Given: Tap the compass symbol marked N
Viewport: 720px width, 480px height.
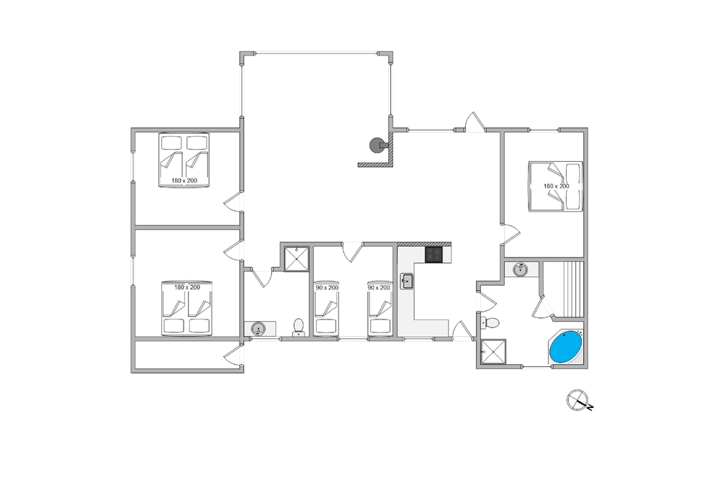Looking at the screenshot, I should pos(577,401).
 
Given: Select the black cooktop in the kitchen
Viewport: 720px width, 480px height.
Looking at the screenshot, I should pos(433,254).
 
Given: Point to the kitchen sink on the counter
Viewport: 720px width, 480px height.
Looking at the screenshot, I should pos(408,281).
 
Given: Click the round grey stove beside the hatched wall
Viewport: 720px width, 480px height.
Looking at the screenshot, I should pos(376,145).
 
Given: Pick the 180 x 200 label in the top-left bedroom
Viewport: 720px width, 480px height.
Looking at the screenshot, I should pos(184,180).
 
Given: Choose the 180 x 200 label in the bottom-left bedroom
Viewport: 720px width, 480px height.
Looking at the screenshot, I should pos(186,287).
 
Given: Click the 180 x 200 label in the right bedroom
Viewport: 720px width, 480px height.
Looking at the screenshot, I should pos(556,186).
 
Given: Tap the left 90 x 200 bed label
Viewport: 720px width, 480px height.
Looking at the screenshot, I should pos(326,287).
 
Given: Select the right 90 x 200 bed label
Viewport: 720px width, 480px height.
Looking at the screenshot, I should pos(379,287).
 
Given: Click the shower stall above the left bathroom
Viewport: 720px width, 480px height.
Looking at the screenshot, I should pos(297,259).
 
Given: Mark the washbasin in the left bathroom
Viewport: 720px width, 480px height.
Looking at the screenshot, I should pos(258,329).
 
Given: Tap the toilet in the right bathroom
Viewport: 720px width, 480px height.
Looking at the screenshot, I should pos(492,321).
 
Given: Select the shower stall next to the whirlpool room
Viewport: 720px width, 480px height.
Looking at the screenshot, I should pos(492,352).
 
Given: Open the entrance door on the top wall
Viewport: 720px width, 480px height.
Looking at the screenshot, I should pos(472,122).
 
